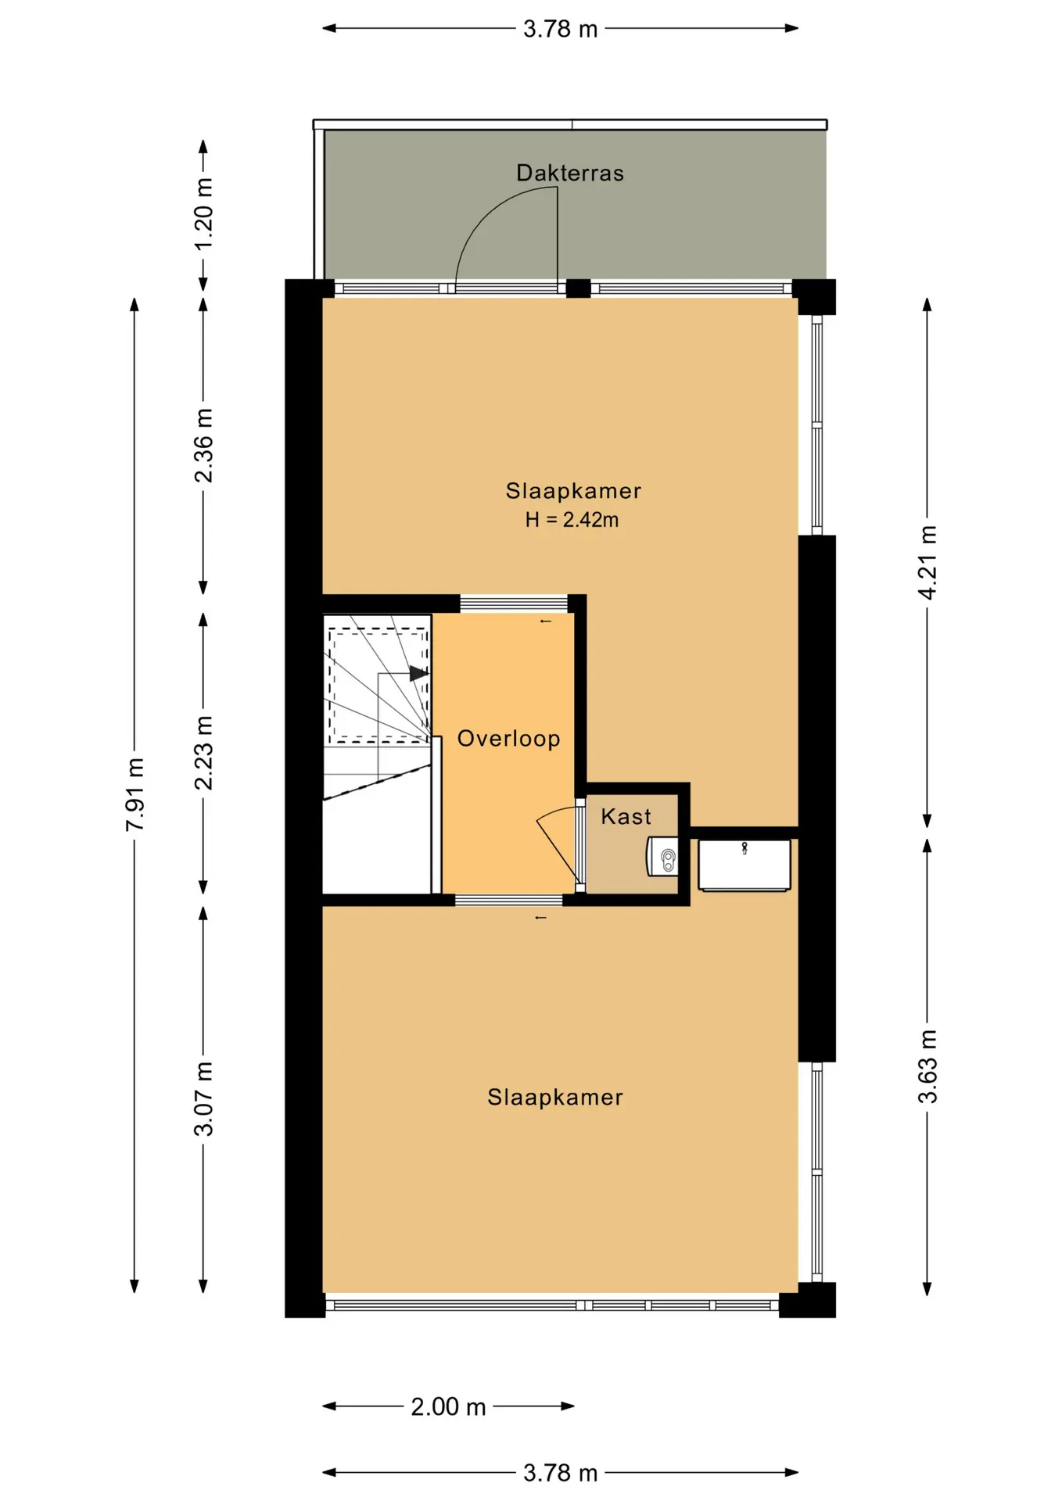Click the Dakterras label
point(569,173)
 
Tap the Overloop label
point(508,739)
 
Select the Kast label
point(626,816)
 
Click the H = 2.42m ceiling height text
point(572,520)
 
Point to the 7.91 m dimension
point(135,794)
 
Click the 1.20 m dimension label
point(203,214)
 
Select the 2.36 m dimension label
point(203,446)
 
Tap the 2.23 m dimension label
point(203,753)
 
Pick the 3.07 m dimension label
point(203,1098)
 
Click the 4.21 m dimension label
point(927,563)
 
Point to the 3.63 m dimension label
point(927,1066)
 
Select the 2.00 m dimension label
point(448,1407)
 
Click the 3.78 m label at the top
point(560,29)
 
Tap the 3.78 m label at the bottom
point(560,1474)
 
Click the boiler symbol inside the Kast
point(662,857)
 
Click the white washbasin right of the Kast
point(744,865)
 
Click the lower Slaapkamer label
point(555,1098)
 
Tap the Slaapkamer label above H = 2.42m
point(573,491)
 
